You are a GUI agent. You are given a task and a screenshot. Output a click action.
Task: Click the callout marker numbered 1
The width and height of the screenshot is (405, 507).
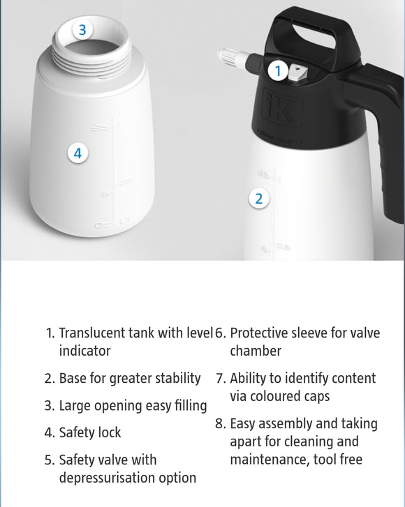pos(277,70)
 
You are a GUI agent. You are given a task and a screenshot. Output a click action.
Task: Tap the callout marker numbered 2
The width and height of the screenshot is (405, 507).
pos(259,198)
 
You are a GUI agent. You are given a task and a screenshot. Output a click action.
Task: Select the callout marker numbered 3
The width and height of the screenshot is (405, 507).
pos(82,30)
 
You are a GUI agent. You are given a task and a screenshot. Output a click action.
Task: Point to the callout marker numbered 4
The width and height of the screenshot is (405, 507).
pos(78,153)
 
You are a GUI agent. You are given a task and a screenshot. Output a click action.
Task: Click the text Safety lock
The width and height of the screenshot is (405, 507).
pos(89,432)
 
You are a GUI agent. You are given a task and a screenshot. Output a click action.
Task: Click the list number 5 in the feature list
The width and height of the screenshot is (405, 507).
pos(50,460)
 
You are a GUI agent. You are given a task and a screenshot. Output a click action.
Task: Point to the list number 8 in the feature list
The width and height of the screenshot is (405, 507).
pos(220,424)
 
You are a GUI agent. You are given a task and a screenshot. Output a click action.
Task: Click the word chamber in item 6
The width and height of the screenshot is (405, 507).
pos(253,351)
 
